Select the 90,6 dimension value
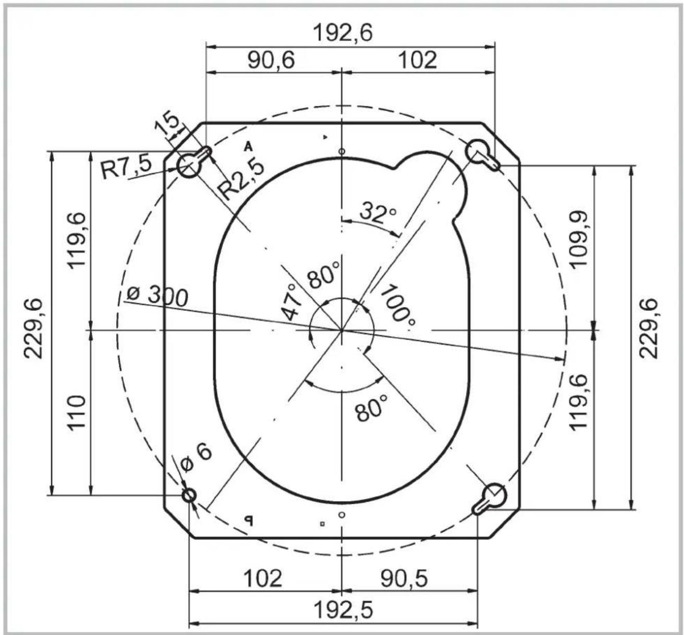[x=271, y=60]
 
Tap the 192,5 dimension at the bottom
[x=343, y=609]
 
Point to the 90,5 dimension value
[x=404, y=578]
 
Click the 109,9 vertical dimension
[x=580, y=239]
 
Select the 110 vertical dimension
[x=77, y=412]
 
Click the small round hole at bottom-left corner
[x=189, y=495]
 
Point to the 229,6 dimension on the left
[x=35, y=328]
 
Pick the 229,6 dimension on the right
[x=648, y=328]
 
